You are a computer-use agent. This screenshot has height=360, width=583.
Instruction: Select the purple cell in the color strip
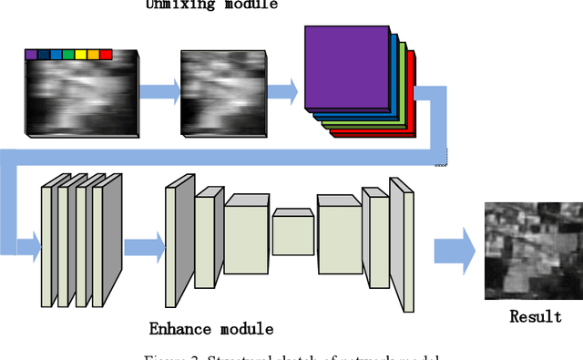click(x=31, y=55)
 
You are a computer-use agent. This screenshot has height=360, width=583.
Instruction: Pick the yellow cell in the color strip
click(x=80, y=55)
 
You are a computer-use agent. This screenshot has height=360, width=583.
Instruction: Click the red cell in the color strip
click(x=105, y=55)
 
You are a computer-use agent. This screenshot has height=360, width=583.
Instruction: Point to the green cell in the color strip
click(x=68, y=55)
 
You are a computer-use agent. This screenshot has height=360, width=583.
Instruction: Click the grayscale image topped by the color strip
click(x=82, y=96)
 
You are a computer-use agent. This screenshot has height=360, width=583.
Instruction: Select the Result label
click(x=536, y=316)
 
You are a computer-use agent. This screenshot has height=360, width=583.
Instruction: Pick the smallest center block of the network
click(x=292, y=231)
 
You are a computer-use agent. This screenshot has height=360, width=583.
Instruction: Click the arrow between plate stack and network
click(x=142, y=247)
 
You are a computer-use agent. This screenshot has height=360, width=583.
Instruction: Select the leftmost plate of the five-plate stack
click(x=50, y=244)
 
